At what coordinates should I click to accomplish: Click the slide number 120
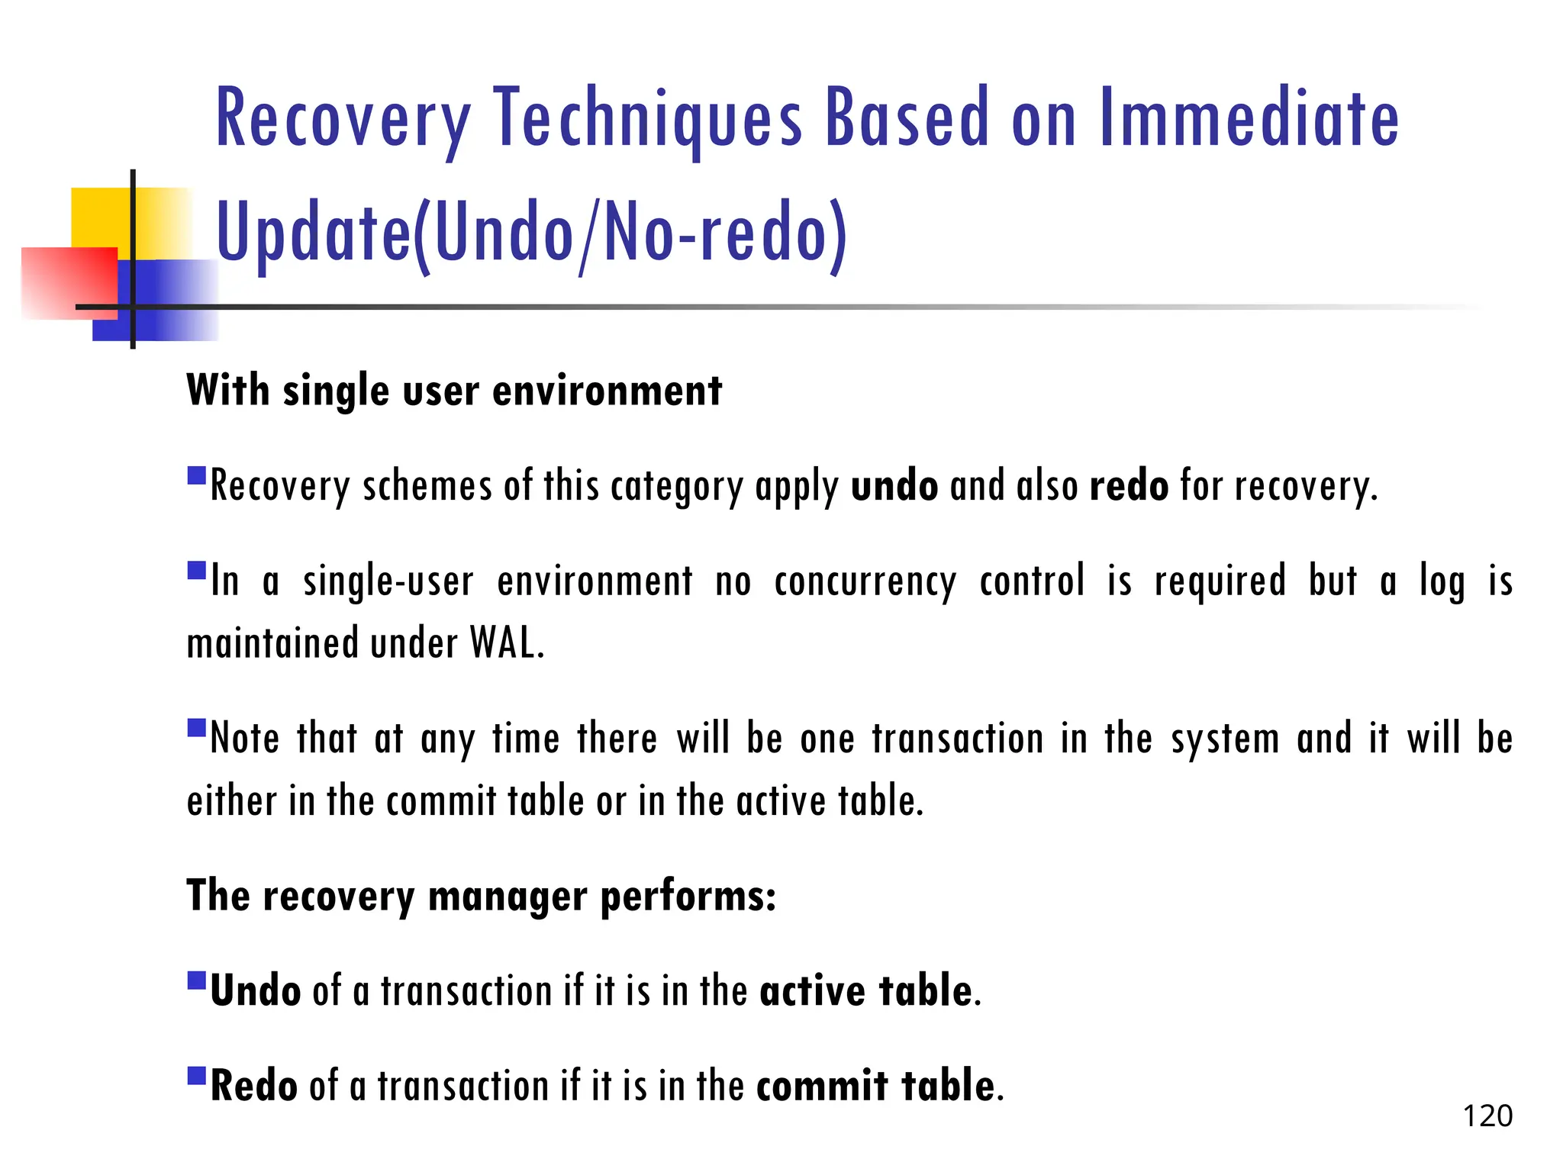[x=1487, y=1116]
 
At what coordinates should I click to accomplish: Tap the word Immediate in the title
[x=1249, y=118]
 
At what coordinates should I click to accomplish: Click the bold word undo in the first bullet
[x=894, y=486]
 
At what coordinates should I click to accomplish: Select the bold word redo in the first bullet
[x=1128, y=486]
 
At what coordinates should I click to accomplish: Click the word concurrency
[x=865, y=581]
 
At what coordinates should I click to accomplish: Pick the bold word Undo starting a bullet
[x=255, y=991]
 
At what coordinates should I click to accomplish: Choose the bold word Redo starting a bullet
[x=253, y=1086]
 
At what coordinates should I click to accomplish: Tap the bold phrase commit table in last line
[x=876, y=1086]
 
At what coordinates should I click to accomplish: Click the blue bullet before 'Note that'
[x=197, y=727]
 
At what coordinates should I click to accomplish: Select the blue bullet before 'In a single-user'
[x=197, y=571]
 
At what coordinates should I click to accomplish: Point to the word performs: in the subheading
[x=688, y=896]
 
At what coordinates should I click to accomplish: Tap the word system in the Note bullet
[x=1225, y=739]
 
